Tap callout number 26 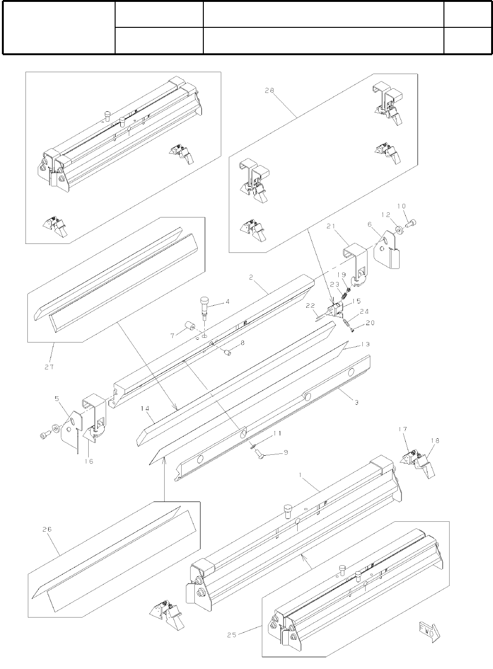48,529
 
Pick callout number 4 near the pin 228,301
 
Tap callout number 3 356,402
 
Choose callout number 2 252,278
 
